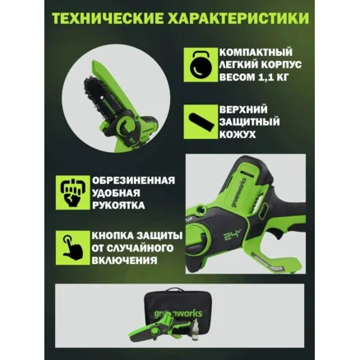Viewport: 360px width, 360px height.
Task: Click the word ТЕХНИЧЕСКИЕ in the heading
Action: [107, 18]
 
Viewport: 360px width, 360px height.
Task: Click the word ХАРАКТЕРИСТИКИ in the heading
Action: [238, 18]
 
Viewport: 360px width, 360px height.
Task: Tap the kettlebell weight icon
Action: [201, 65]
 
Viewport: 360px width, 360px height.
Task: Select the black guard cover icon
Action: [201, 122]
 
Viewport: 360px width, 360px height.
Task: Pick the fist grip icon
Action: [72, 192]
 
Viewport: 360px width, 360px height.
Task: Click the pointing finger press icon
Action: [72, 247]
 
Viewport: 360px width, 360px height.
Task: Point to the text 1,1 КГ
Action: [274, 77]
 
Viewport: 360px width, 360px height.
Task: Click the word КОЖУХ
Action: [238, 134]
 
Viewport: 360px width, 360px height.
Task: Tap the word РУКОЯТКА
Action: [118, 205]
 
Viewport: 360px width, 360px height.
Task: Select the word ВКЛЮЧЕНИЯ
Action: [124, 261]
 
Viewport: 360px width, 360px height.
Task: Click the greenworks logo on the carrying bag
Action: [178, 313]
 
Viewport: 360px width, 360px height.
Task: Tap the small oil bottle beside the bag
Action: [195, 330]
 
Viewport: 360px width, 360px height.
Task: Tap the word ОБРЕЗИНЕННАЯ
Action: [133, 181]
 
